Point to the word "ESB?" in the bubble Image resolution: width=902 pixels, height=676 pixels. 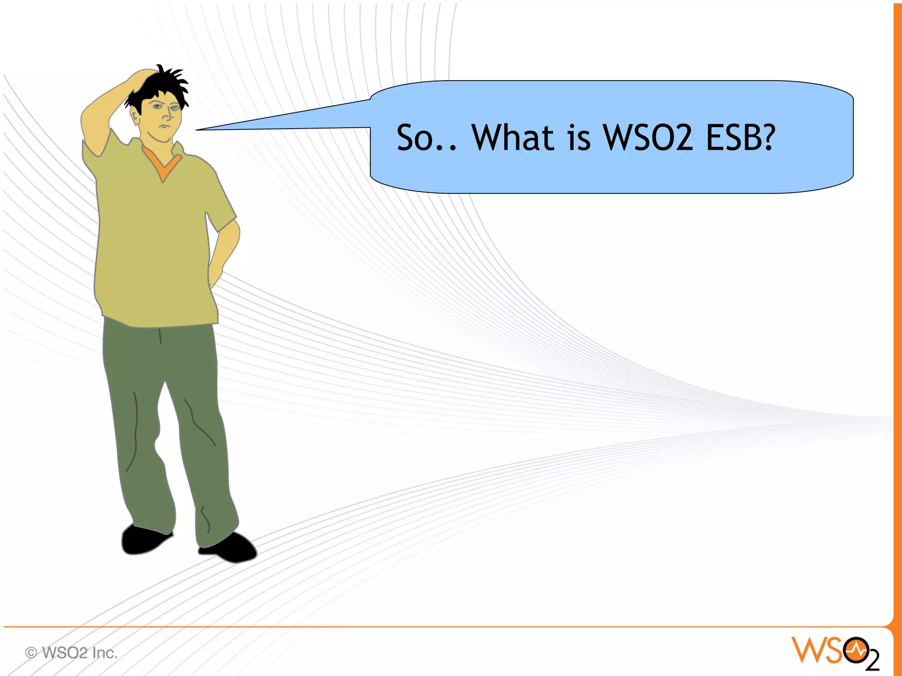pyautogui.click(x=740, y=138)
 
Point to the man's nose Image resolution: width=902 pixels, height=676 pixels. pyautogui.click(x=167, y=115)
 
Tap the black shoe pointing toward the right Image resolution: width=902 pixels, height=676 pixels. pyautogui.click(x=231, y=548)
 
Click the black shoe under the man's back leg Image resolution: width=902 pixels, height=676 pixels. pyautogui.click(x=143, y=539)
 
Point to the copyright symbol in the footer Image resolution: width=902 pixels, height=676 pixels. pyautogui.click(x=31, y=652)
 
